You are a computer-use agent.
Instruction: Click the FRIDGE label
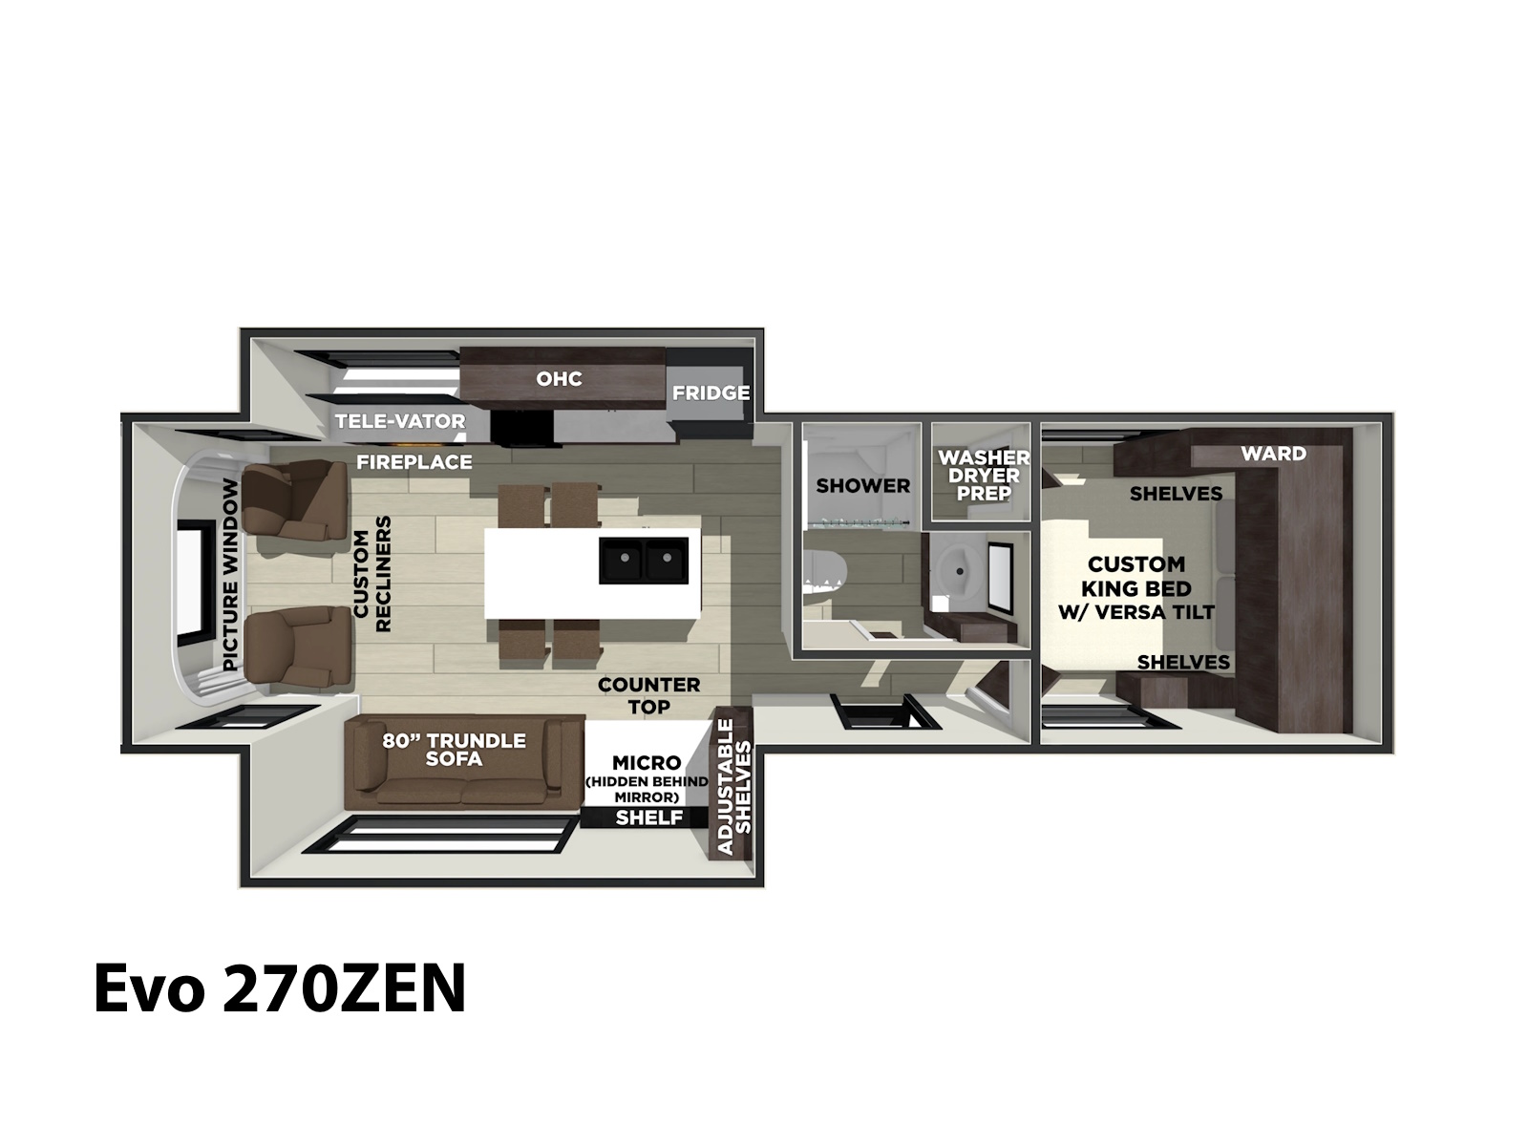711,393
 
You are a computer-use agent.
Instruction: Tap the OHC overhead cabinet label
559,378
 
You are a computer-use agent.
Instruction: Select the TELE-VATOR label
400,421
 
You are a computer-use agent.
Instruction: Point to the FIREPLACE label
414,462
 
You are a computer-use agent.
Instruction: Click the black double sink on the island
644,561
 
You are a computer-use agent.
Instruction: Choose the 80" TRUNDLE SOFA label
454,750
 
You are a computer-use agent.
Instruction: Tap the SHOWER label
863,486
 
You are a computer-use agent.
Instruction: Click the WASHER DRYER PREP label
984,476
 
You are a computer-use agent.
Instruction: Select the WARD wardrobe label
1273,454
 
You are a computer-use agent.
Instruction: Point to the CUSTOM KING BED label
1136,588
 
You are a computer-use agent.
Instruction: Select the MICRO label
647,763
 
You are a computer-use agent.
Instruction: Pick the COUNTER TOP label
648,696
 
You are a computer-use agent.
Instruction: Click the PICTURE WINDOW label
230,575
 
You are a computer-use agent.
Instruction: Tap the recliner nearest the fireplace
297,500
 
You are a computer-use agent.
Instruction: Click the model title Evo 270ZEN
280,988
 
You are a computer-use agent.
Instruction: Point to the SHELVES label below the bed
1183,663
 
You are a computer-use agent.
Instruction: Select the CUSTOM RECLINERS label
372,574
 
